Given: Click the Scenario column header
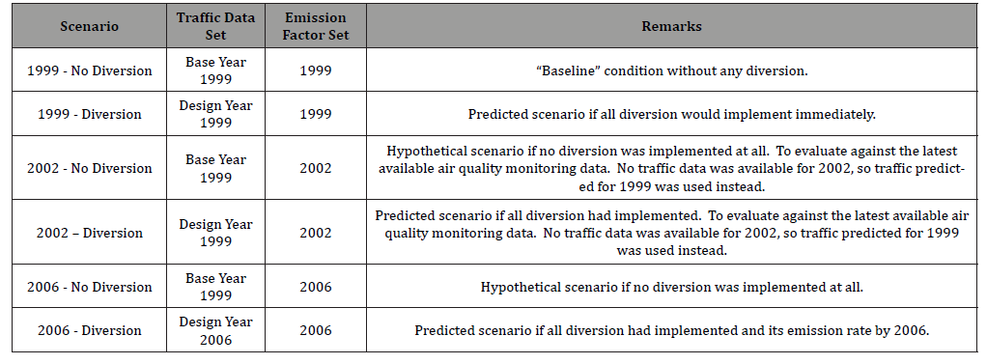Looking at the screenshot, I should [90, 27].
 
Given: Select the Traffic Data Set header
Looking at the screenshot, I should [211, 27].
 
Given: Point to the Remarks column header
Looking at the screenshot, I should [671, 27].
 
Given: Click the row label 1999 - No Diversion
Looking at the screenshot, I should [90, 70].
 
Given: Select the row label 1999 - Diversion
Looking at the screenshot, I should [90, 114].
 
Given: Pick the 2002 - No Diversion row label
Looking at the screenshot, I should [90, 168].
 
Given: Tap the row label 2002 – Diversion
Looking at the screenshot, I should [90, 233].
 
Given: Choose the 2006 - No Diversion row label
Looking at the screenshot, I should [90, 287].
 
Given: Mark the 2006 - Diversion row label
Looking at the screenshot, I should [90, 330].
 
